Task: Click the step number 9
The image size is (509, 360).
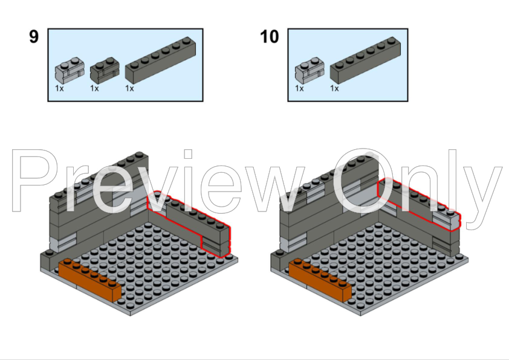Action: [x=34, y=37]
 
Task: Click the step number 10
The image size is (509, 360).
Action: [x=270, y=37]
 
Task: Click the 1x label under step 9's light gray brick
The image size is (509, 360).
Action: [x=59, y=88]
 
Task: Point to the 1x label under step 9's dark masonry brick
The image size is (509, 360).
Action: [x=94, y=88]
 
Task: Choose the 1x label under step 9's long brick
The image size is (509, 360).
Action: [x=129, y=88]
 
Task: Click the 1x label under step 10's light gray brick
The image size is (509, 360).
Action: [x=299, y=88]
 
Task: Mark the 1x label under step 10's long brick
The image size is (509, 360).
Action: [x=334, y=88]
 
